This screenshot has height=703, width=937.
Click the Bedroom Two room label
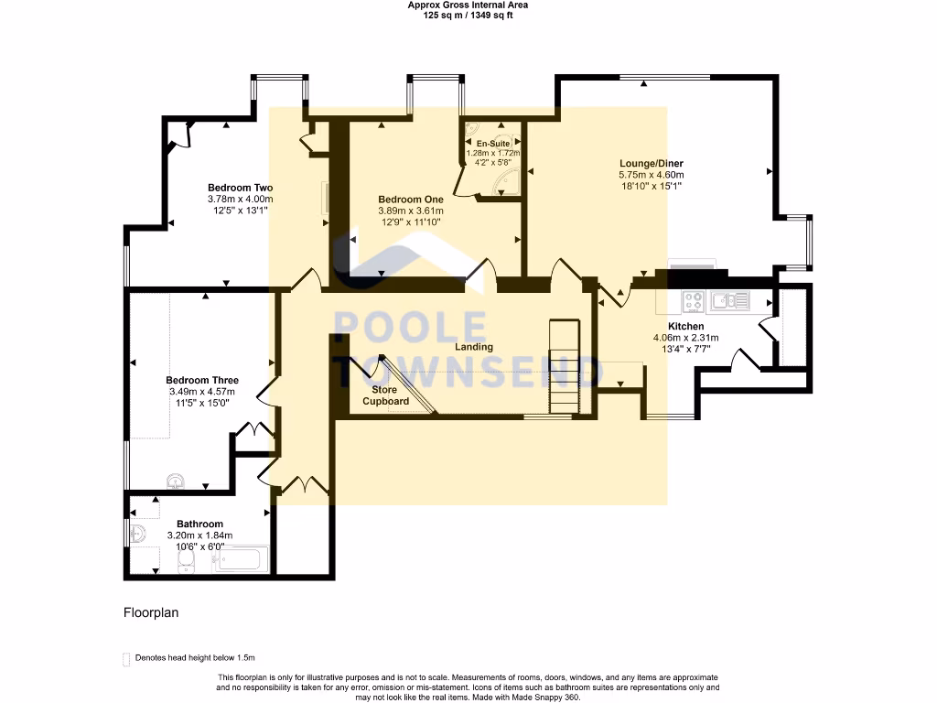(x=240, y=187)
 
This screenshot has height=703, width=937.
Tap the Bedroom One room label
(x=411, y=199)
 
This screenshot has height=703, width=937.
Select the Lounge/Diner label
(x=651, y=163)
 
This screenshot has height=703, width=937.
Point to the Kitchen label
(x=685, y=326)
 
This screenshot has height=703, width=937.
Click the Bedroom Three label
(x=202, y=380)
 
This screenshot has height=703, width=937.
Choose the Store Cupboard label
(x=385, y=395)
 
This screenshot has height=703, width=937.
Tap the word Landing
(x=474, y=347)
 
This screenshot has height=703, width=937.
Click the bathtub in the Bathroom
(x=241, y=559)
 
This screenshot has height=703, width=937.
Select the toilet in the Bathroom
(x=185, y=560)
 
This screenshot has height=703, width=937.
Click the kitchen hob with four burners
(x=693, y=299)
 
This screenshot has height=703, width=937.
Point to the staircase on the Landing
(x=564, y=366)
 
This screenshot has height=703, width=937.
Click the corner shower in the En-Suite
(x=506, y=185)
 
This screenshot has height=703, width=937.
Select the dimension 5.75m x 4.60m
(x=651, y=175)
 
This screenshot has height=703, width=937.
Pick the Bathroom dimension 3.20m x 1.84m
(x=199, y=535)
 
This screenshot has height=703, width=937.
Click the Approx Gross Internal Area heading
(x=468, y=5)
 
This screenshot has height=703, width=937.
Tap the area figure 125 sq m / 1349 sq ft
(x=468, y=16)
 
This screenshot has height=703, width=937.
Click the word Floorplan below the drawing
(x=151, y=613)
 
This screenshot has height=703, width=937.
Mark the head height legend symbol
(x=126, y=658)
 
